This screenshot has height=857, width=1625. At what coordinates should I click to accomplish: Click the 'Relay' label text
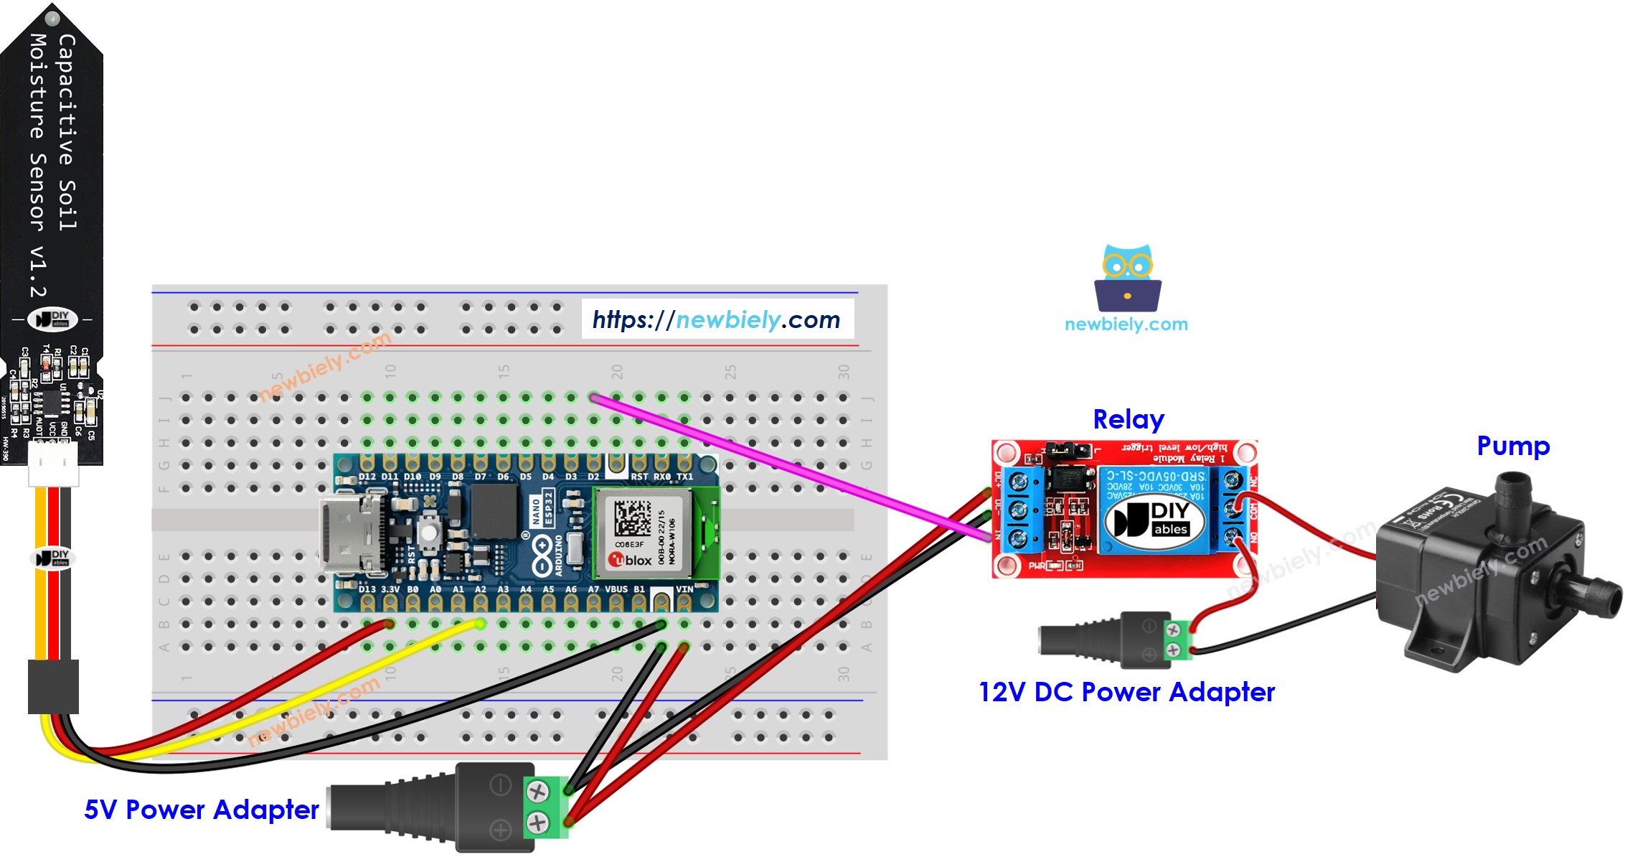[x=1128, y=419]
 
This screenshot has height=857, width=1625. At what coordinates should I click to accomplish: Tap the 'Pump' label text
[x=1512, y=446]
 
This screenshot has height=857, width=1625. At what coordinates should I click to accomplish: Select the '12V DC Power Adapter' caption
[x=1126, y=692]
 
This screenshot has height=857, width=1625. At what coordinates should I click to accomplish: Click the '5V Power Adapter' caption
[x=201, y=810]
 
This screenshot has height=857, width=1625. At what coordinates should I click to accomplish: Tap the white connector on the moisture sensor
[x=53, y=464]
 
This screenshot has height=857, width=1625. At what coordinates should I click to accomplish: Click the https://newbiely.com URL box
[x=717, y=319]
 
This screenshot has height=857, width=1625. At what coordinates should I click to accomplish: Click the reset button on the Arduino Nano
[x=428, y=533]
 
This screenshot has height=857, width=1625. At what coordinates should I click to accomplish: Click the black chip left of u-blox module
[x=494, y=510]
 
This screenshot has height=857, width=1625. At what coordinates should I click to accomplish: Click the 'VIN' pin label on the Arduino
[x=684, y=589]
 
